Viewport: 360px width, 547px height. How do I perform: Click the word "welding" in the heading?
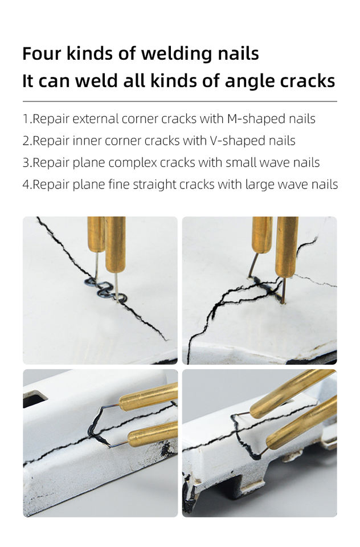point(176,54)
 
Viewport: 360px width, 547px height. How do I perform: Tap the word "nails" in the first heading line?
point(238,54)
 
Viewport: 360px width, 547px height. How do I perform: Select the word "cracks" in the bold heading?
point(308,80)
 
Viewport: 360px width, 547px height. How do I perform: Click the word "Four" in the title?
point(42,54)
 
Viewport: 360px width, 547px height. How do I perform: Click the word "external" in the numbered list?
point(96,119)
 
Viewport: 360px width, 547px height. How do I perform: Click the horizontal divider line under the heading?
point(180,101)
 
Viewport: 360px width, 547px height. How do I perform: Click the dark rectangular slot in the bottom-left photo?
point(35,399)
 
